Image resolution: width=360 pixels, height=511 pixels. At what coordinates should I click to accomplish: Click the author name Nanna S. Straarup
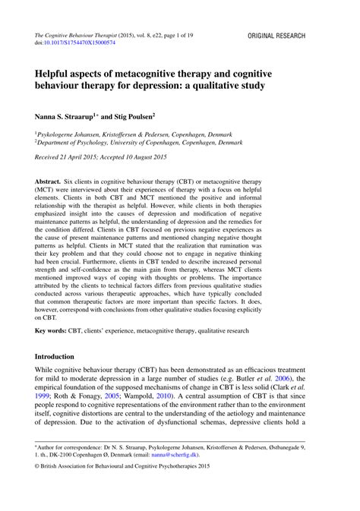click(65, 118)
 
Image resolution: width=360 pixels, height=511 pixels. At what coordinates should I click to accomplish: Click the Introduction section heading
click(55, 356)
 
